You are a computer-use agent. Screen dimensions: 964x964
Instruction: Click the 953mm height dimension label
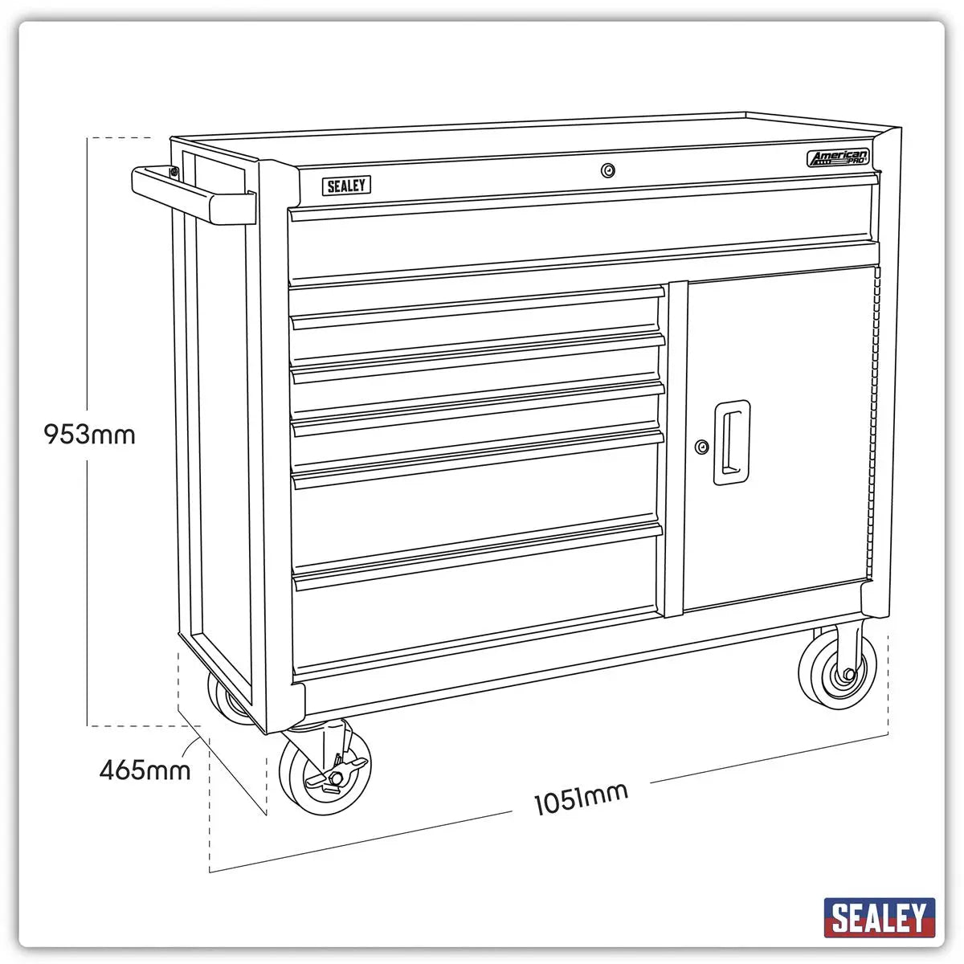point(89,435)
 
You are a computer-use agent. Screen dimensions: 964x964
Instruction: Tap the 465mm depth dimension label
point(145,770)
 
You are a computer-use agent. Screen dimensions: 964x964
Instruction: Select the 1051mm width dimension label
point(581,798)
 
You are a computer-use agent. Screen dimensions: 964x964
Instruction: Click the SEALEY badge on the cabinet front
point(347,186)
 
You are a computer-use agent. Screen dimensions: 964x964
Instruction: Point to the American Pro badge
point(838,158)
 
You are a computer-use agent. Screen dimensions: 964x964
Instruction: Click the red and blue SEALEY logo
point(880,917)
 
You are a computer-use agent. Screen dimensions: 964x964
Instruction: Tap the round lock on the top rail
point(608,170)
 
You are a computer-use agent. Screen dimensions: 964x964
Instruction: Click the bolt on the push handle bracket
point(174,170)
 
